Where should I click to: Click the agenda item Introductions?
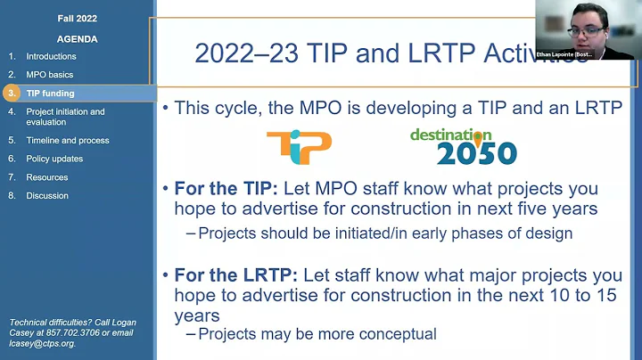coord(51,56)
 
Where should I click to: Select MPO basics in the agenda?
coord(49,75)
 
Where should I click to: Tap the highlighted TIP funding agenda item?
coord(50,94)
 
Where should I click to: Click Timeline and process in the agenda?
coord(68,140)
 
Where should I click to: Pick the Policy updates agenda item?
coord(54,159)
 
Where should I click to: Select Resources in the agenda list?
coord(47,177)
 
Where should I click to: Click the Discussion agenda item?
coord(47,196)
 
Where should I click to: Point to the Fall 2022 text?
coord(77,19)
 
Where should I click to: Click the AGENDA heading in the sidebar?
coord(77,39)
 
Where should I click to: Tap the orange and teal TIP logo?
coord(299,147)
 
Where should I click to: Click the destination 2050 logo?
coord(463,147)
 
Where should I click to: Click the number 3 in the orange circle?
coord(12,94)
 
